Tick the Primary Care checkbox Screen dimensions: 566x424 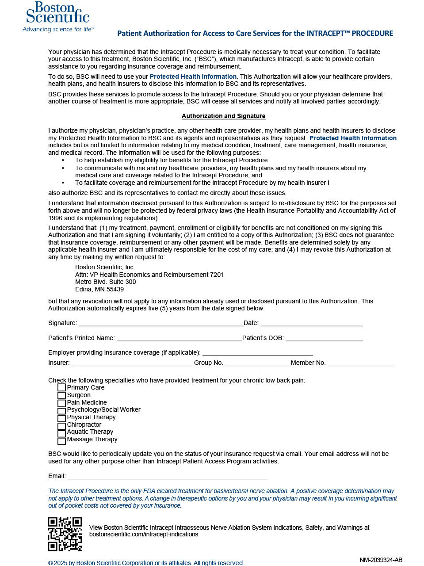(x=61, y=388)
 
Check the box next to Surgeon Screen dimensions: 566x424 (x=61, y=395)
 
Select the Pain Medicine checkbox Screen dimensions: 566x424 (x=61, y=403)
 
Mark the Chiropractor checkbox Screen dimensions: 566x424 (x=61, y=425)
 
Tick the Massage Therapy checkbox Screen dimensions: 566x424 (x=61, y=440)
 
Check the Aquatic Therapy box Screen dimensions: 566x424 (x=61, y=433)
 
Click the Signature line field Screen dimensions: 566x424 (x=161, y=323)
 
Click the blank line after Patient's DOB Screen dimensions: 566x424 (x=324, y=338)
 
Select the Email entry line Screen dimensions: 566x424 (x=167, y=476)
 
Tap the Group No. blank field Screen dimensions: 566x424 (x=258, y=363)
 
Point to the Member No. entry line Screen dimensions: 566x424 (x=360, y=363)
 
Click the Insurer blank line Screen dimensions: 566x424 (x=132, y=363)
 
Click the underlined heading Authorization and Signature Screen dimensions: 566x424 (x=223, y=116)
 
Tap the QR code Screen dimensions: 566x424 (x=65, y=534)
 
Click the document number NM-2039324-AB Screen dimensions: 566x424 (x=381, y=560)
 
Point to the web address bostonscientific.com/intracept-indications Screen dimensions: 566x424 (x=144, y=534)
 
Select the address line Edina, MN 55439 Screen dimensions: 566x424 (x=99, y=290)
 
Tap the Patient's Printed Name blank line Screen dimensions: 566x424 (x=179, y=338)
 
